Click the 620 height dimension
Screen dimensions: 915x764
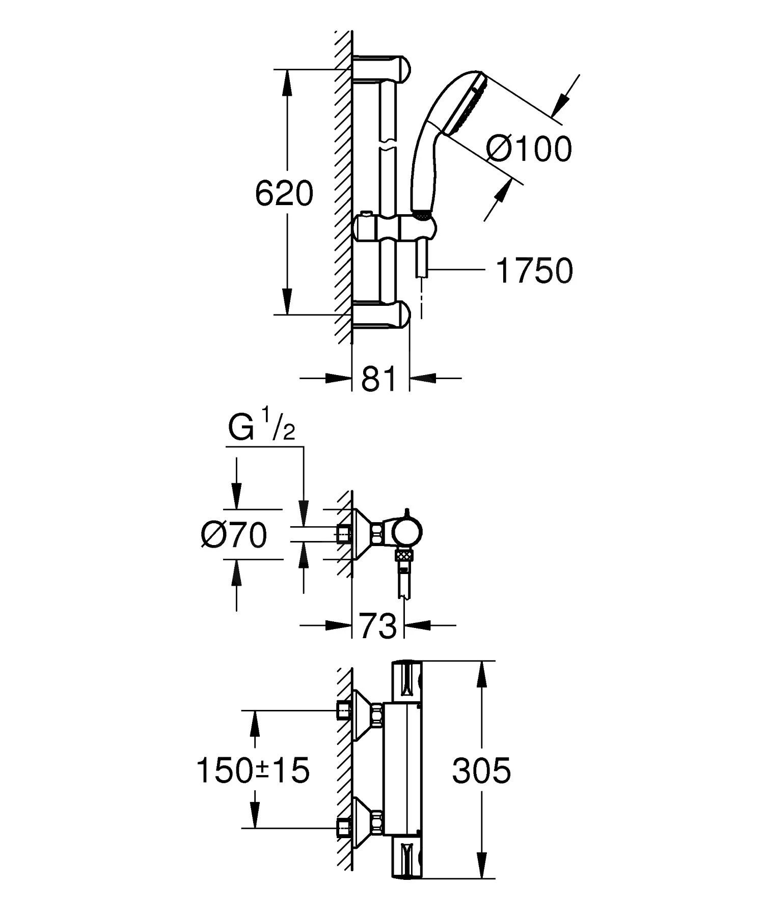tap(284, 193)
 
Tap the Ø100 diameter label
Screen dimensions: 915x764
tap(529, 150)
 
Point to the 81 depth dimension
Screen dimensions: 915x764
tap(379, 379)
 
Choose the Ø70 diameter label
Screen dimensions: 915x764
tap(234, 535)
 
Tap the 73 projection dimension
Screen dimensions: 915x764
tap(378, 625)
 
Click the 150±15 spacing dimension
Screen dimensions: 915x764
tap(253, 770)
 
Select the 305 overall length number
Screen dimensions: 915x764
tap(481, 770)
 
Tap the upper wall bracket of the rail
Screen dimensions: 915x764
tap(382, 68)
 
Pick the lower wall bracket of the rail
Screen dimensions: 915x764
tap(382, 314)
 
